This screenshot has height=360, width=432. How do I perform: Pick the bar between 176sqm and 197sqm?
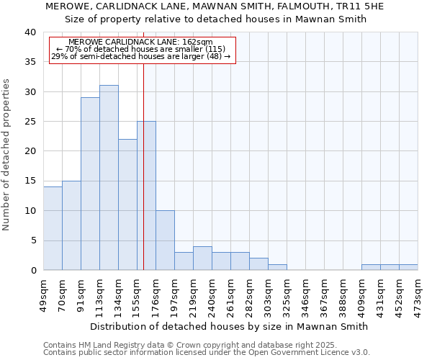[x=165, y=240]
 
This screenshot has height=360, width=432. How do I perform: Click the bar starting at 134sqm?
[x=127, y=204]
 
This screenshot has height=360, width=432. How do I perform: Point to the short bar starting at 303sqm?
[x=277, y=267]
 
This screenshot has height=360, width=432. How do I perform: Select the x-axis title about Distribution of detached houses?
[x=230, y=326]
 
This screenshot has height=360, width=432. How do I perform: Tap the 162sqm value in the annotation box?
[x=199, y=42]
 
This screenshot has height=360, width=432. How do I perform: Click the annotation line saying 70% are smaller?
[x=141, y=49]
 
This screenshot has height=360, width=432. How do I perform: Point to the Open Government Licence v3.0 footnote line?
[x=207, y=352]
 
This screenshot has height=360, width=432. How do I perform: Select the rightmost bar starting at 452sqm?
[x=408, y=267]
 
